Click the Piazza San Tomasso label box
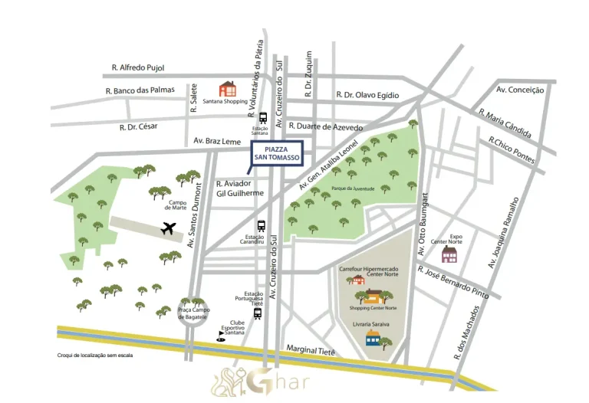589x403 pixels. (x=278, y=153)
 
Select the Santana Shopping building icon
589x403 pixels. (x=228, y=88)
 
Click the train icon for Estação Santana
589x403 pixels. (x=263, y=118)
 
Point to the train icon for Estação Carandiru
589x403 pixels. (x=262, y=226)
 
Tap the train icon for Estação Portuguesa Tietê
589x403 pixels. (x=258, y=313)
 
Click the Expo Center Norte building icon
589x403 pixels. (x=449, y=254)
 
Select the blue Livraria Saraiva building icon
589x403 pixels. (x=373, y=339)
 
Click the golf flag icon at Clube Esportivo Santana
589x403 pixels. (x=222, y=336)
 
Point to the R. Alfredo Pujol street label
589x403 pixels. (x=137, y=68)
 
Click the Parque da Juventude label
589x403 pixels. (x=352, y=188)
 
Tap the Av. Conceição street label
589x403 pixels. (x=520, y=90)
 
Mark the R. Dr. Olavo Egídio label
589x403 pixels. (x=367, y=95)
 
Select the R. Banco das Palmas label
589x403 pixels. (x=140, y=90)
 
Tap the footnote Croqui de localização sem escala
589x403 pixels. (x=95, y=355)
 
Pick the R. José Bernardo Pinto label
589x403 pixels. (x=452, y=280)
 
